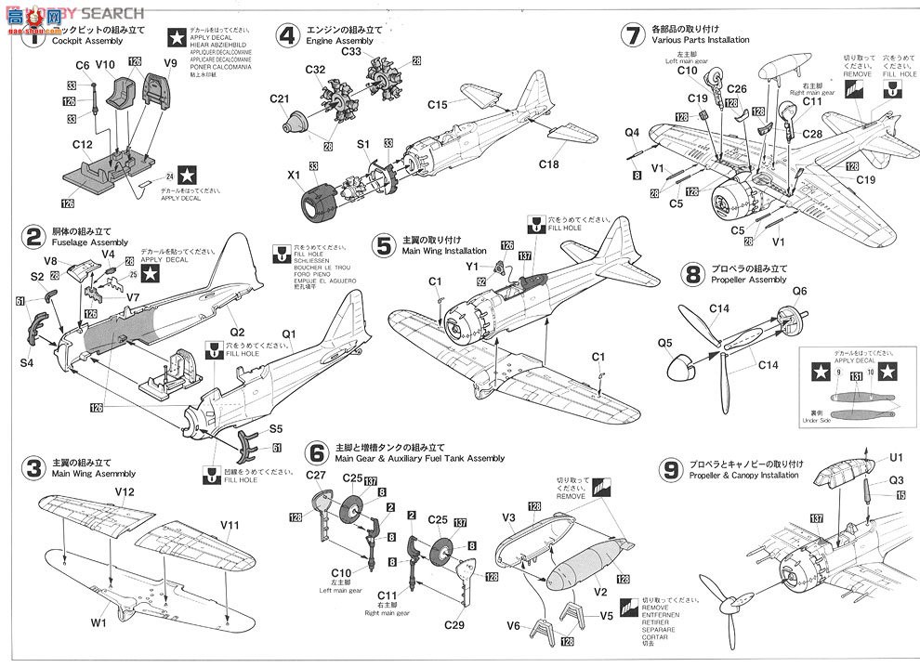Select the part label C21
click(x=280, y=98)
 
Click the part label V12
click(x=125, y=491)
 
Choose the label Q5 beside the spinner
click(x=664, y=343)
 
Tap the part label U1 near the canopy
click(x=896, y=458)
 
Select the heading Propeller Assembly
click(x=748, y=280)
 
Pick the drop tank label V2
click(x=600, y=591)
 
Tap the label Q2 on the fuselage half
click(x=236, y=332)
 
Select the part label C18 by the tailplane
click(x=550, y=164)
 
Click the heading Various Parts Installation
click(x=700, y=40)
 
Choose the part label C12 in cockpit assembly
click(x=81, y=145)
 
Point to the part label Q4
click(x=632, y=132)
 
